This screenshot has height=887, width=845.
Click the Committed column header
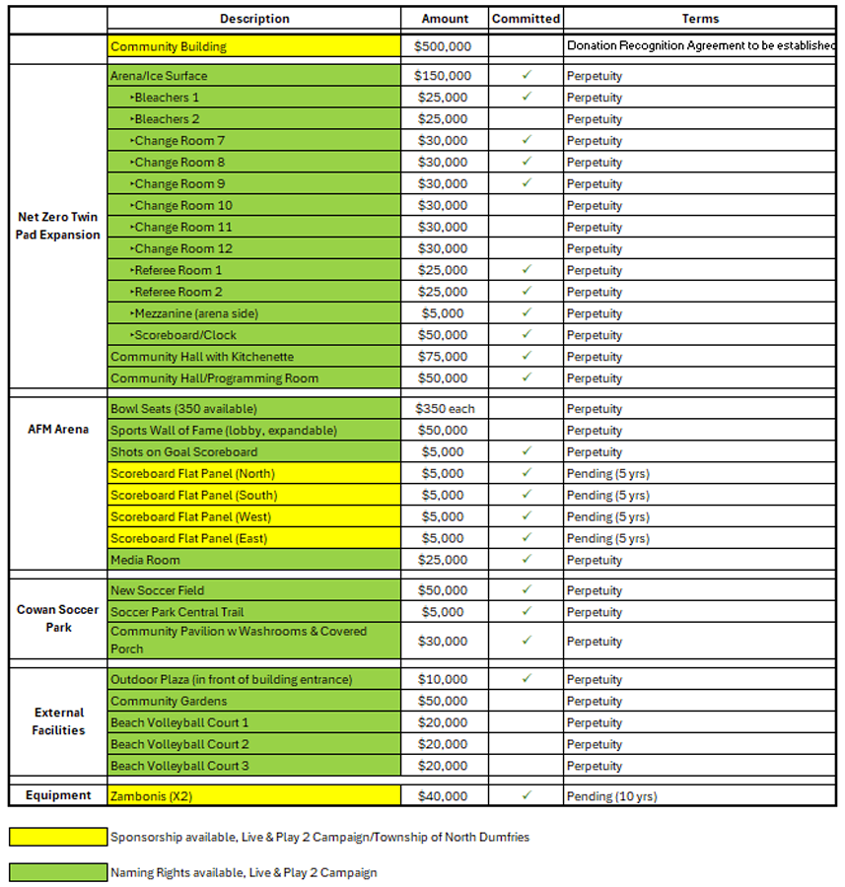(x=526, y=19)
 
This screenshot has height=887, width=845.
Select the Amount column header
(x=445, y=19)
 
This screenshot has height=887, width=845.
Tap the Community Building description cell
(x=253, y=46)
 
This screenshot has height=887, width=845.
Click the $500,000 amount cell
(x=444, y=46)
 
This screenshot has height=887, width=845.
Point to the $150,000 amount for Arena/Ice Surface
(x=444, y=76)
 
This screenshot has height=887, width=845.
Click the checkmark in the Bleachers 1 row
(x=527, y=97)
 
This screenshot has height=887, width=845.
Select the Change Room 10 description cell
(x=253, y=206)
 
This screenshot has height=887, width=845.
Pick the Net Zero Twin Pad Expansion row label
(x=58, y=226)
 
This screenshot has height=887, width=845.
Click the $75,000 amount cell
(x=444, y=357)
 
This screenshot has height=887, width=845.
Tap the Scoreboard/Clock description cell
(x=253, y=335)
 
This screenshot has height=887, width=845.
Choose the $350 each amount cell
(x=444, y=409)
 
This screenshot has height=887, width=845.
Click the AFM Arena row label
(x=58, y=430)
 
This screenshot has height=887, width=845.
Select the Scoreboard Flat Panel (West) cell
(x=253, y=516)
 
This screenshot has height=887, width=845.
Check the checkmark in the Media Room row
(x=527, y=559)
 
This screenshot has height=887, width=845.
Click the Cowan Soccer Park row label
(x=58, y=618)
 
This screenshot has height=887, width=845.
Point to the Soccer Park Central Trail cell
(x=253, y=612)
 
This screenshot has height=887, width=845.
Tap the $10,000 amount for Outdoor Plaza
(x=444, y=680)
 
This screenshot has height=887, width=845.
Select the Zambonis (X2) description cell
(x=253, y=795)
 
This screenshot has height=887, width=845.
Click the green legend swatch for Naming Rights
(x=58, y=872)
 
